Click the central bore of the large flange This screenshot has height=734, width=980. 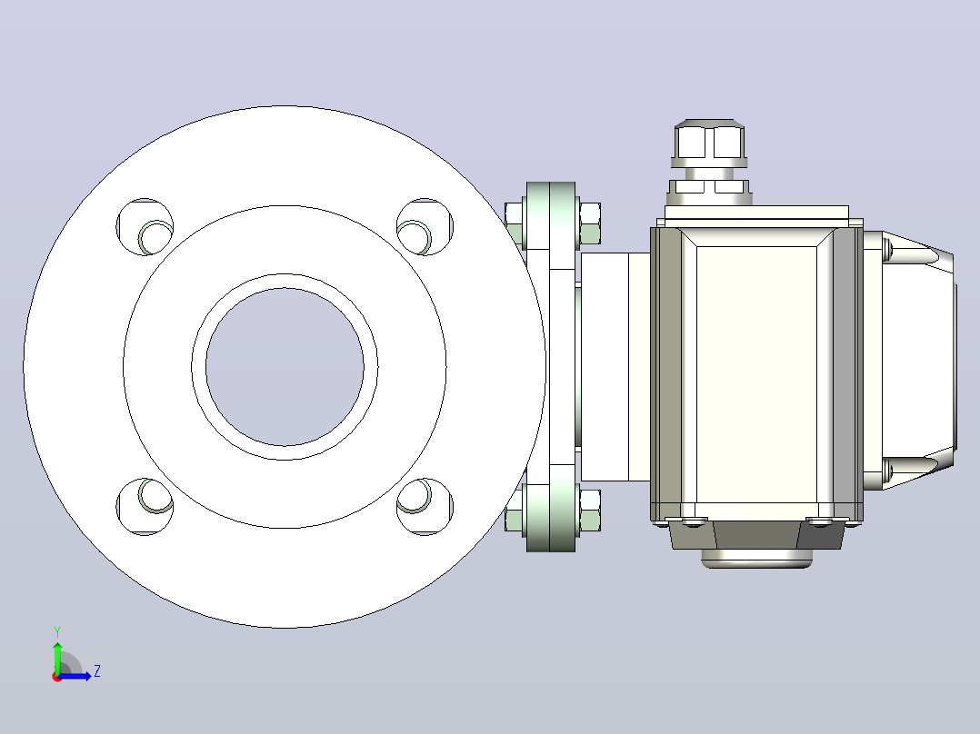pos(285,367)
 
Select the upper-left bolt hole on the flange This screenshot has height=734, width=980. pos(145,227)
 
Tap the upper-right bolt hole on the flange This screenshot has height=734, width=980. pos(425,227)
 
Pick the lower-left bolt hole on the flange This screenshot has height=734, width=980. pos(145,507)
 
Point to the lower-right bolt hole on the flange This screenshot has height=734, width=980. pos(425,507)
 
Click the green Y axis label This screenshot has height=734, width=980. pos(57,631)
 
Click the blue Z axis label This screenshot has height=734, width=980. pos(97,671)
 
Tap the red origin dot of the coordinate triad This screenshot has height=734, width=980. pos(57,677)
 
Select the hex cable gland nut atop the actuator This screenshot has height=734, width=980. pos(709,141)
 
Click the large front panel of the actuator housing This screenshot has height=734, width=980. pos(756,374)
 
